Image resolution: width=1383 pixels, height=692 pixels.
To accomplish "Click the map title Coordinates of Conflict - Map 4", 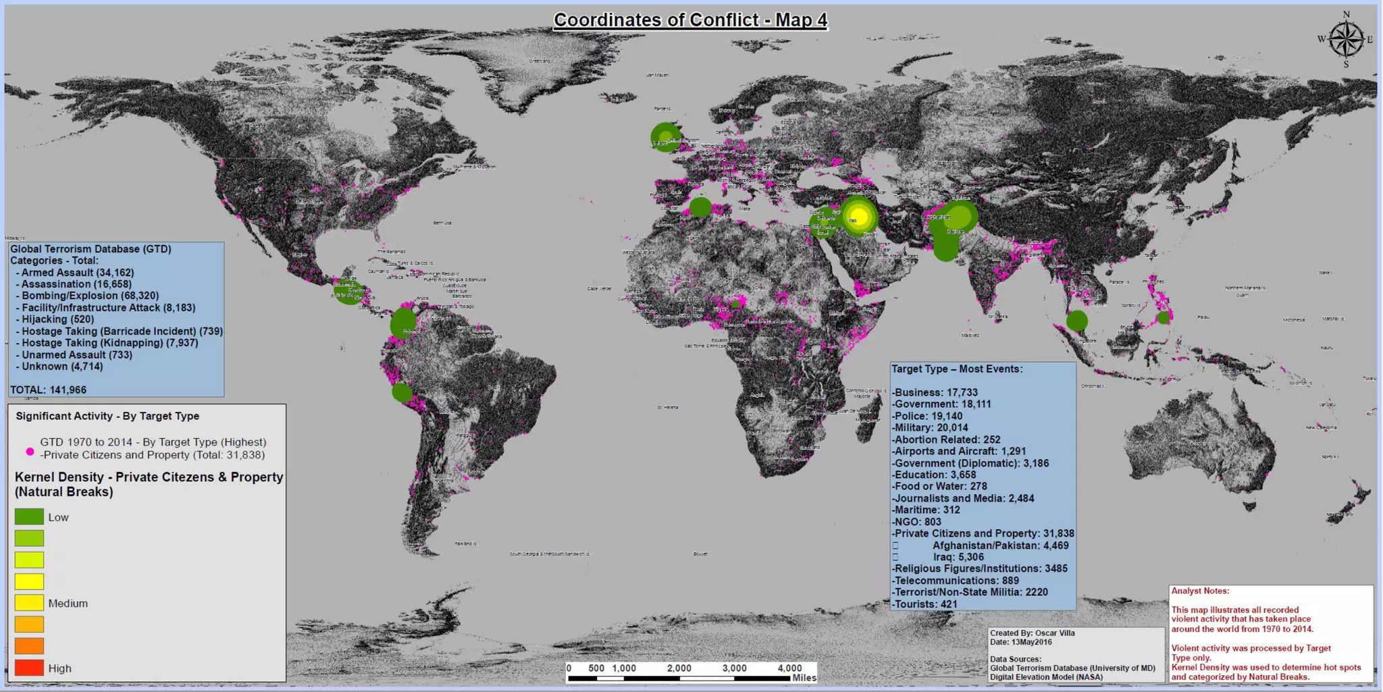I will click(690, 20).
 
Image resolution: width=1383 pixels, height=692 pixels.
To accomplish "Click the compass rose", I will click(1346, 39).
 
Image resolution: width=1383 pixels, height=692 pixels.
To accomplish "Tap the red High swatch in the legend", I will click(29, 668).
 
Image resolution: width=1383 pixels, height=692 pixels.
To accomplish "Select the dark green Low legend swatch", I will click(29, 517).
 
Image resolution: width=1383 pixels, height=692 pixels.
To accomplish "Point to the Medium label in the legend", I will click(68, 604).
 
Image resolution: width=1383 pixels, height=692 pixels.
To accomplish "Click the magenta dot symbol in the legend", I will click(30, 451).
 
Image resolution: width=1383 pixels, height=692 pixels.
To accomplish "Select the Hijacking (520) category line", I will click(57, 319).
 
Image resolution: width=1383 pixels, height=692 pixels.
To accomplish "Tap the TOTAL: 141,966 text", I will click(48, 390).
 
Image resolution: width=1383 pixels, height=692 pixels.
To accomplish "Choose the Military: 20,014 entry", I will click(930, 427).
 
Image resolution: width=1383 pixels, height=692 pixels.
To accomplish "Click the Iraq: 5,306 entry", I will click(958, 557).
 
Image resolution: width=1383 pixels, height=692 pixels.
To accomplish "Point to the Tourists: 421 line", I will click(924, 604).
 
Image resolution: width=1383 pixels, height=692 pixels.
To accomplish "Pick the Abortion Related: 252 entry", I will click(946, 440).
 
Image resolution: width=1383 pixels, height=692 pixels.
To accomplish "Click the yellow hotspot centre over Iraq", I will click(859, 217).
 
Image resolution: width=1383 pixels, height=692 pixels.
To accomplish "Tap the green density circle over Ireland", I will click(665, 137).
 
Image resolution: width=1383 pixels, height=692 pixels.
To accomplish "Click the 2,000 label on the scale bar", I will click(679, 668).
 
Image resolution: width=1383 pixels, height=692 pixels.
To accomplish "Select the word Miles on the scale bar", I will click(804, 678).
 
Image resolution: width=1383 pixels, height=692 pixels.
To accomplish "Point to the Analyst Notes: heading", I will click(1200, 591).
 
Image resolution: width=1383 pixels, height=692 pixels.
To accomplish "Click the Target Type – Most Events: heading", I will click(957, 369).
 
